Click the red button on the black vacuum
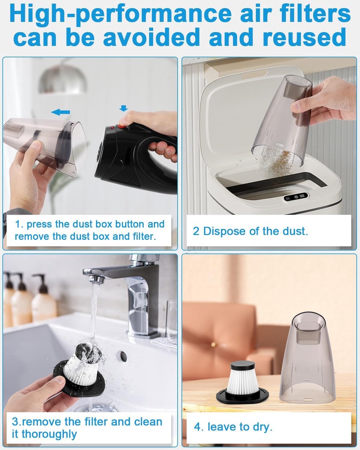(x=121, y=126)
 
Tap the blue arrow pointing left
(x=60, y=112)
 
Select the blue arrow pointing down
(x=124, y=108)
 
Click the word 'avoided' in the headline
(x=152, y=37)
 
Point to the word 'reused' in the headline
(x=304, y=37)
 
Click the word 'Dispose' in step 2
(x=225, y=231)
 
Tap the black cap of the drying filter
(x=243, y=362)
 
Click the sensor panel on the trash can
(x=296, y=196)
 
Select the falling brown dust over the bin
(x=276, y=163)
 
